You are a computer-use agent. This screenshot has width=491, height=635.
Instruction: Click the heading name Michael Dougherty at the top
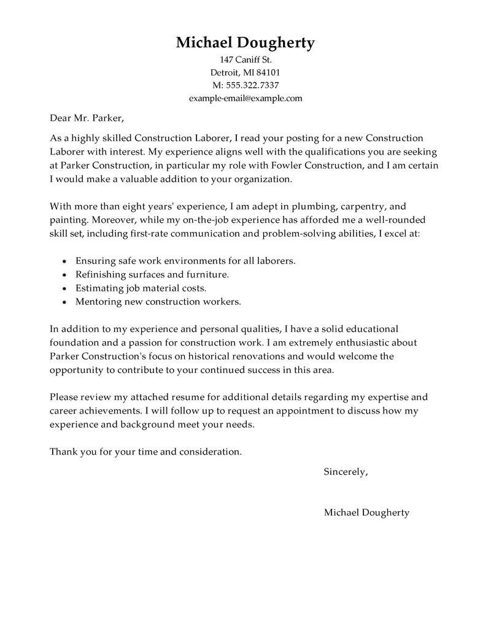click(245, 42)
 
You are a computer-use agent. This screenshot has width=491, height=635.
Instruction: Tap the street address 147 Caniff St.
click(245, 60)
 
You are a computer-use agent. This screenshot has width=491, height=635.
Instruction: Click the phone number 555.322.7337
click(251, 85)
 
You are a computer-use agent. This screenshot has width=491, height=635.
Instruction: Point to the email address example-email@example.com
click(245, 98)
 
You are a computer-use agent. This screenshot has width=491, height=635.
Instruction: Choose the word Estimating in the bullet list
click(98, 288)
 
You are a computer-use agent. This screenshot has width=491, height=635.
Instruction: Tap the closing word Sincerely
click(346, 472)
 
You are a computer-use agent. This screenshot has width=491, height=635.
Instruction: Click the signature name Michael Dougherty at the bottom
click(366, 513)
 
